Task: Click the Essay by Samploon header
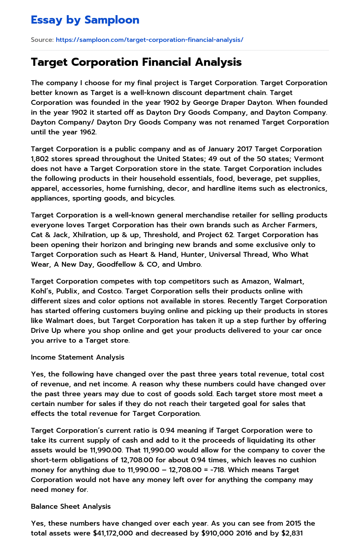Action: (85, 20)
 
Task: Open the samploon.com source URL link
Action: (149, 40)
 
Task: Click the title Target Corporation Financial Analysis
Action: (136, 62)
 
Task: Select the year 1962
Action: (87, 132)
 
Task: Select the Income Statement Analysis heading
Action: (78, 357)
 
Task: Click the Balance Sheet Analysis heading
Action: (71, 507)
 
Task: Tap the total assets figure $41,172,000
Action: (113, 533)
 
